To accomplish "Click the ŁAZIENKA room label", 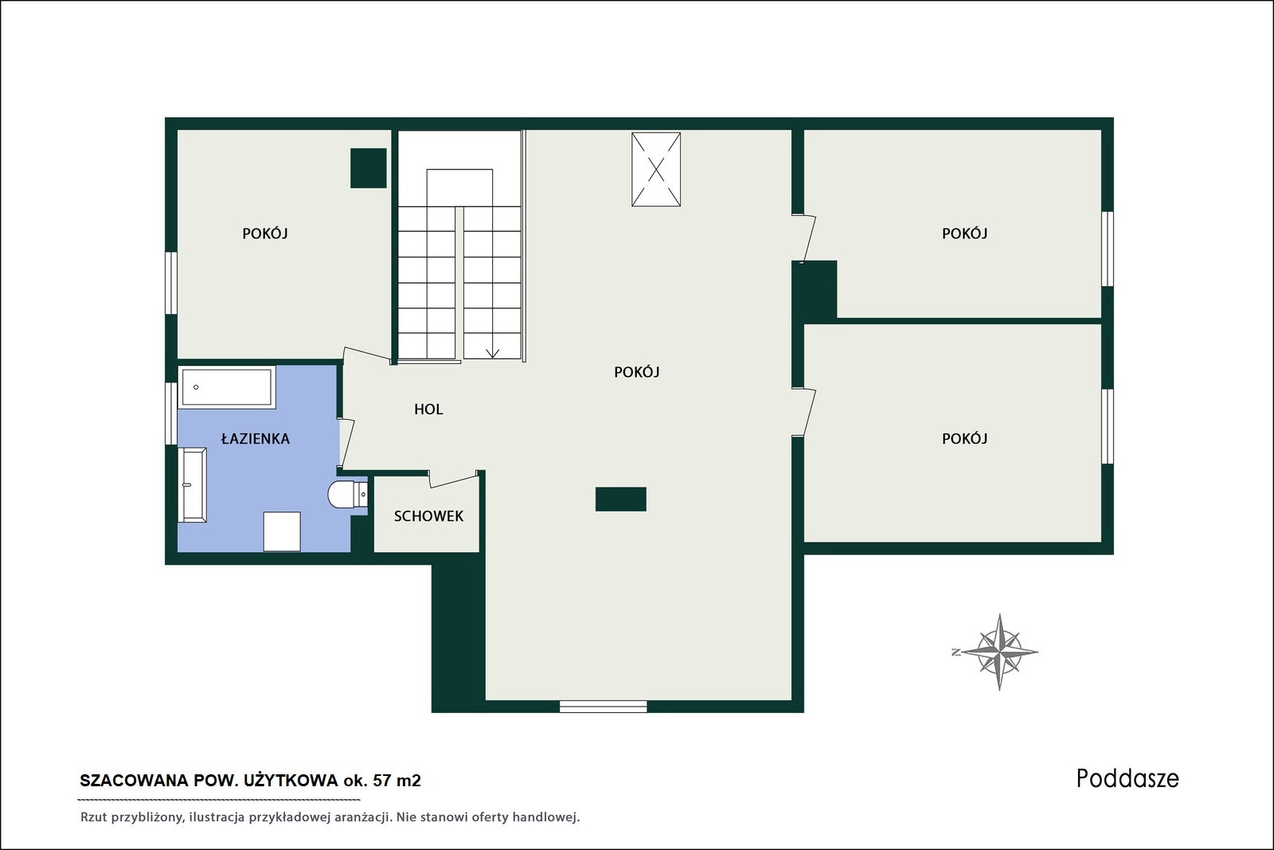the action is point(256,438).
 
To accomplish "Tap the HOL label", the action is point(428,409).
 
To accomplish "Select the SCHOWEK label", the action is point(428,516).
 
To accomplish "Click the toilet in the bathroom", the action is point(347,495).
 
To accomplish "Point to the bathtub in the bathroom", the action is point(227,387).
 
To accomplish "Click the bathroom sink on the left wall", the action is point(193,484).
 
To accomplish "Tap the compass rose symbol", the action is point(999,652).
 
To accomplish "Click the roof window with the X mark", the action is point(656,170).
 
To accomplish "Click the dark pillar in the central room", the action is point(620,499).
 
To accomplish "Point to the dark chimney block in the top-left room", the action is point(368,168).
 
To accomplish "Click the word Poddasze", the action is point(1127,779).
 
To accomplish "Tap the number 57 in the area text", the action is point(382,781).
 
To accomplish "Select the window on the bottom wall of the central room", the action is point(603,707).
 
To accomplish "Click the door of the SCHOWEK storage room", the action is point(454,480).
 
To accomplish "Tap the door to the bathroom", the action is point(346,443).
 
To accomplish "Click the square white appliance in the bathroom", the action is point(282,531).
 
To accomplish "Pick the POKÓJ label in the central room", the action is point(636,371).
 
